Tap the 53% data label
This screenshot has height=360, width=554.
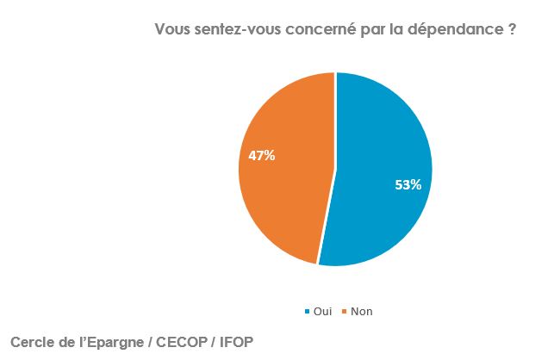(x=408, y=184)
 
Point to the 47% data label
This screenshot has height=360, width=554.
(x=262, y=156)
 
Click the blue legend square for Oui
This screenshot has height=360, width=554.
(x=308, y=311)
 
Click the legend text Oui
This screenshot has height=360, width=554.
(x=322, y=311)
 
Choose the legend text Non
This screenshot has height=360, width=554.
(x=362, y=311)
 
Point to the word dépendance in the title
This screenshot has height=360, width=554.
(x=457, y=29)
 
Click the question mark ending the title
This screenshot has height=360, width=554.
(x=512, y=29)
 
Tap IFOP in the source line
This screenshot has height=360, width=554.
(x=236, y=341)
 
